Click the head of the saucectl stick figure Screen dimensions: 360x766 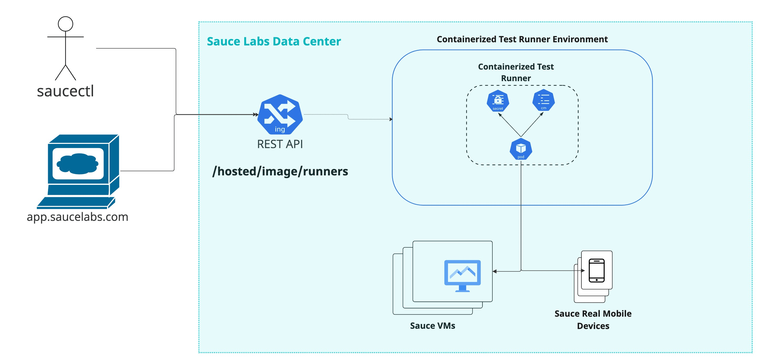65,24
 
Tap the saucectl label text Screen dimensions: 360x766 65,91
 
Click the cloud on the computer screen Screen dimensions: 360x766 78,163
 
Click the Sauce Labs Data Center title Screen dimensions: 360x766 274,41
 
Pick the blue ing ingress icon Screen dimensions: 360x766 280,114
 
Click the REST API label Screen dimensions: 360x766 280,144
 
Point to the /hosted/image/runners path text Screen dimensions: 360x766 280,171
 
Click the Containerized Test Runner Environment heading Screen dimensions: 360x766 522,39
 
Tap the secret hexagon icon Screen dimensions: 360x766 498,101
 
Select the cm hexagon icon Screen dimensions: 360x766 543,101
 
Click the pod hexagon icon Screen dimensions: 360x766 521,149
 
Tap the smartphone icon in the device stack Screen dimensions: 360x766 597,270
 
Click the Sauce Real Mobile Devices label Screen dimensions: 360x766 593,320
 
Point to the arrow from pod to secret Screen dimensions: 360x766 510,125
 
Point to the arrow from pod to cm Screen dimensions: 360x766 532,125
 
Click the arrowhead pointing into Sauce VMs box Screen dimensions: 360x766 495,271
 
